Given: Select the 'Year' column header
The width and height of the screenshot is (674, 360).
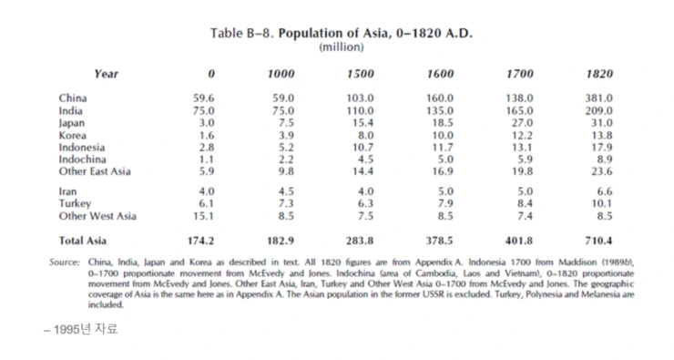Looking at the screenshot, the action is (x=106, y=74).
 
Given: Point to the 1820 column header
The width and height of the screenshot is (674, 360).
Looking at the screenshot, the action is (x=599, y=74).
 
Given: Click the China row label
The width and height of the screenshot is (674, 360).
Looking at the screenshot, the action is (x=74, y=98).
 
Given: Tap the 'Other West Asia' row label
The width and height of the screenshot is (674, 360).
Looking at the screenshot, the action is (x=97, y=216).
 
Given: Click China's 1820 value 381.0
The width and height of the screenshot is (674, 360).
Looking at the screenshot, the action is (x=597, y=98).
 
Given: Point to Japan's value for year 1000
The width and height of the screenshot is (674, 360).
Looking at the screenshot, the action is (x=285, y=122).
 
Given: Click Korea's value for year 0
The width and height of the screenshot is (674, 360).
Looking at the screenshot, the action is (x=206, y=135).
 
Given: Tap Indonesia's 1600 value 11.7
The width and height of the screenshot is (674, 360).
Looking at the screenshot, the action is (x=442, y=147).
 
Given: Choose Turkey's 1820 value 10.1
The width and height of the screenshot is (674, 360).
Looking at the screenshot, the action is (x=600, y=203).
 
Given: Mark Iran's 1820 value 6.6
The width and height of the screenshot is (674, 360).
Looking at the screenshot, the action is (x=603, y=191).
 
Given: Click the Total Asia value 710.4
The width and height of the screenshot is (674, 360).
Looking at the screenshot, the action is (x=597, y=241).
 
